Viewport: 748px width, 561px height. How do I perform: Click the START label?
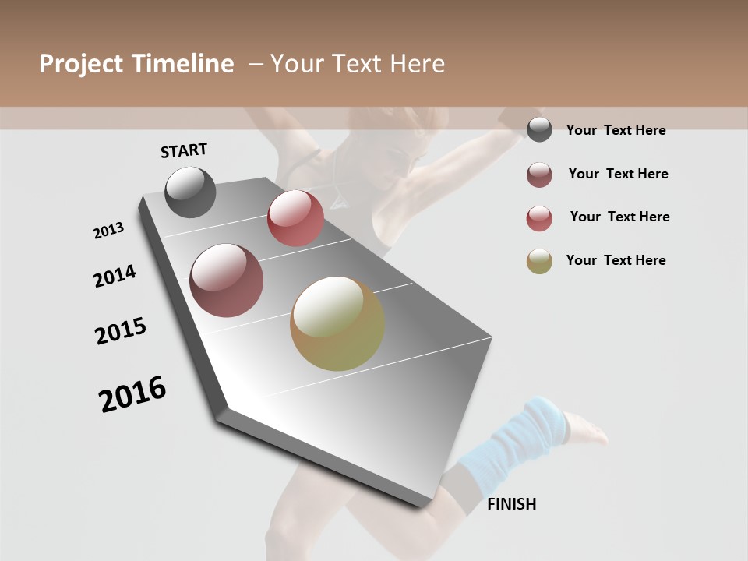184,150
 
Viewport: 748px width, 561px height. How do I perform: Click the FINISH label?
511,504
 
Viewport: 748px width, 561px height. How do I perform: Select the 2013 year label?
108,231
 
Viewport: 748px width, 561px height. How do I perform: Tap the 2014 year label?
115,276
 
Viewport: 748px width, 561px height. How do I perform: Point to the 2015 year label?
121,331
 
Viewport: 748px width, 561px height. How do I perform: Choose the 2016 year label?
132,394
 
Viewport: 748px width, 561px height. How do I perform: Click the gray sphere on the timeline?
190,192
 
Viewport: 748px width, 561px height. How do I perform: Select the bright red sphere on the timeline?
295,218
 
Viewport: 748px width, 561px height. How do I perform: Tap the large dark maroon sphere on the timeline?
226,280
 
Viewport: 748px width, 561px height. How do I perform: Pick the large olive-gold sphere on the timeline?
337,323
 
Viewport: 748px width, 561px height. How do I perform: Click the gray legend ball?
539,130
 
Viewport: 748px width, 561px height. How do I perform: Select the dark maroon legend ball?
539,175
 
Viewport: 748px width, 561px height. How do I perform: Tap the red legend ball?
539,219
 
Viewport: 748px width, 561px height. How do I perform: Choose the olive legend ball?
539,262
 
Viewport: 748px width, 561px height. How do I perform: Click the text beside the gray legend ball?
616,130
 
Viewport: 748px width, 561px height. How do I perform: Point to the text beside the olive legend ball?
616,260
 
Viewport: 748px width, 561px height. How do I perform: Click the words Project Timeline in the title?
136,64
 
